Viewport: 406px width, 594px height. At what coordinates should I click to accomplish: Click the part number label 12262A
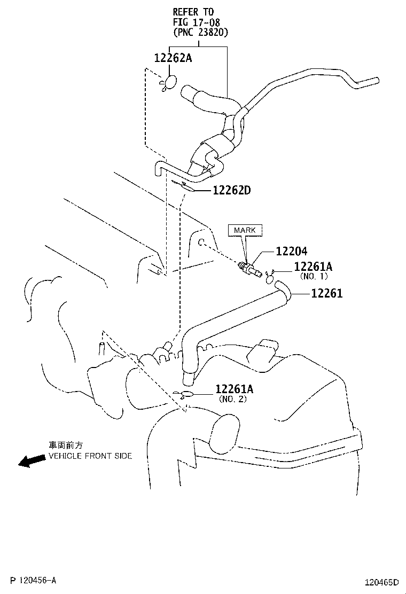(173, 58)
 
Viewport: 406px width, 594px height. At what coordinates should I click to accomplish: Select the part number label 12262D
(231, 190)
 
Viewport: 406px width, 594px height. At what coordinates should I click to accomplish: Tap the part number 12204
(291, 251)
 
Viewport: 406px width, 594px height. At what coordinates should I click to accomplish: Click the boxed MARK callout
(245, 230)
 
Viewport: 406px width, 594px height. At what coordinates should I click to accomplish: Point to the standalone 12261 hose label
(327, 293)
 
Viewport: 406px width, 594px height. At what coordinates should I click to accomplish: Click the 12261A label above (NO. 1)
(313, 267)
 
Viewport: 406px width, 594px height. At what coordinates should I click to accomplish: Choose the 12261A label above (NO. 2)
(235, 389)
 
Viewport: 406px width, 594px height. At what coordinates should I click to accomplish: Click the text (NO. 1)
(314, 276)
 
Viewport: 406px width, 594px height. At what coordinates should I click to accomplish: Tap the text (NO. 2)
(232, 399)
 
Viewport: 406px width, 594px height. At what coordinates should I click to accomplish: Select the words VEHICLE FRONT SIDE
(90, 456)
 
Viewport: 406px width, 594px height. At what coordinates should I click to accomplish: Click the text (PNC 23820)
(200, 32)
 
